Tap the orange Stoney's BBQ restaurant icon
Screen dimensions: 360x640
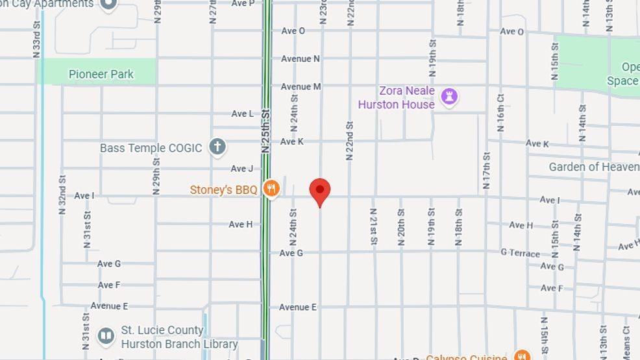(271, 189)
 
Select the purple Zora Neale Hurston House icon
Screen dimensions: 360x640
(449, 97)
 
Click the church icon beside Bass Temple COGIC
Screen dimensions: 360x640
(217, 147)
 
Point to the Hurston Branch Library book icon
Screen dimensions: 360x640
(106, 336)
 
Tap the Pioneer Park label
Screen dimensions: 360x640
(101, 74)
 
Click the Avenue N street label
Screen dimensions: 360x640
(300, 58)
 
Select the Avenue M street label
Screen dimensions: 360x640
(301, 86)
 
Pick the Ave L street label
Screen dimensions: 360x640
(243, 114)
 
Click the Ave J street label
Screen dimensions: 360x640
(242, 169)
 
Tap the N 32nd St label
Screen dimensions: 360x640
(62, 195)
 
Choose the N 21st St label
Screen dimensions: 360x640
(373, 226)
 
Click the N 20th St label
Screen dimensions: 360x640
(401, 226)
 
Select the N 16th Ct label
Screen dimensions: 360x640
(501, 112)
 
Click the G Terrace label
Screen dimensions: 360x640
(520, 252)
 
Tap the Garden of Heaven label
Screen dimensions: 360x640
(593, 167)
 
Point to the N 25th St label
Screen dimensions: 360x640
(265, 130)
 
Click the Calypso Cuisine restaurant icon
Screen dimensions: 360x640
(521, 355)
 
